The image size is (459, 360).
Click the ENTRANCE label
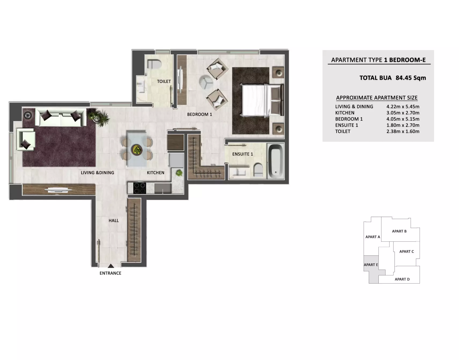(110, 273)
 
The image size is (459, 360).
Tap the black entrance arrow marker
(111, 266)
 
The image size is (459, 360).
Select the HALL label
(114, 221)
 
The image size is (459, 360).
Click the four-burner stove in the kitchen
(140, 188)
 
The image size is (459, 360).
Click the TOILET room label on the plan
(164, 81)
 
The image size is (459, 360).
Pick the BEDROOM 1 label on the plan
(199, 114)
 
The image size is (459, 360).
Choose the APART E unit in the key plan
(371, 265)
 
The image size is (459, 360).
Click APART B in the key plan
(399, 231)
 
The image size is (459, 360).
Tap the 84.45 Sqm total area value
(411, 78)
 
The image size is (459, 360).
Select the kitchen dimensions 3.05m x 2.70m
(403, 113)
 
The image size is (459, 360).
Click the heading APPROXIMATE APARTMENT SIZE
(377, 98)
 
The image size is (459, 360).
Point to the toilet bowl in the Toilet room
(154, 64)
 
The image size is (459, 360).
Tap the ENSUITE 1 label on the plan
(243, 154)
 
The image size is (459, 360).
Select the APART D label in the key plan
(402, 279)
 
